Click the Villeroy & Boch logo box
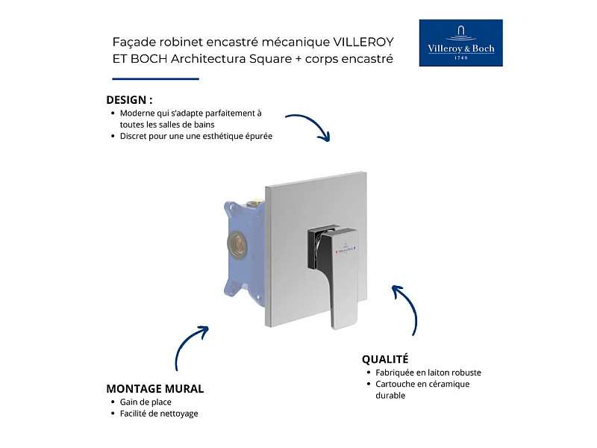click(x=460, y=43)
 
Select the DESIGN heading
click(x=129, y=99)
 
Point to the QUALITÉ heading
click(x=385, y=359)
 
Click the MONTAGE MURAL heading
click(x=155, y=388)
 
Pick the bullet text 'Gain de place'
click(x=146, y=402)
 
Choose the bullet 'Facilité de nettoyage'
click(x=159, y=414)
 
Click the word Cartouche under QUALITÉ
click(x=396, y=384)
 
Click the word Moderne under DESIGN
click(x=139, y=113)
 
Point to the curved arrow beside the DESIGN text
click(x=309, y=125)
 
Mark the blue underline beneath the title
click(x=155, y=78)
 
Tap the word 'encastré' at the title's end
click(x=369, y=58)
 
